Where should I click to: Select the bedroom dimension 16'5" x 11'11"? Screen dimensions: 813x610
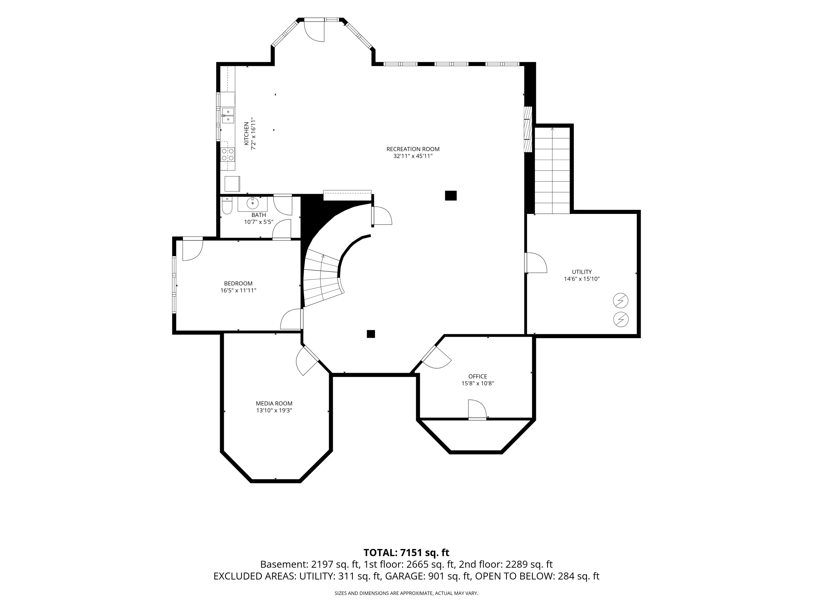pos(238,290)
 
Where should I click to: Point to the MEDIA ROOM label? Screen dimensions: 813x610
pos(274,403)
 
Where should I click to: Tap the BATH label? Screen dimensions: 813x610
pos(259,215)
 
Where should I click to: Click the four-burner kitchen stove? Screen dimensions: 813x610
pos(228,155)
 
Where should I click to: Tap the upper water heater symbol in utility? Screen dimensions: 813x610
pos(620,301)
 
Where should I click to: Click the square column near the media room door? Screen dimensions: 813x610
pos(371,334)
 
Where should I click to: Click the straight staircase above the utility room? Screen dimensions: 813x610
pos(552,170)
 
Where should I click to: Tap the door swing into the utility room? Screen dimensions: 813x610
pos(536,262)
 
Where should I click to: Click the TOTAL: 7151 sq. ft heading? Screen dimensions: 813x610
pos(406,553)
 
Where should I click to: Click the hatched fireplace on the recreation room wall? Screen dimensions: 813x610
pos(528,129)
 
